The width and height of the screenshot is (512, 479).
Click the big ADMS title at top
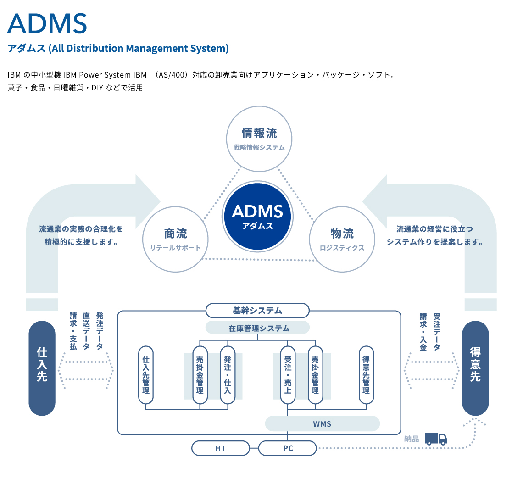click(x=47, y=23)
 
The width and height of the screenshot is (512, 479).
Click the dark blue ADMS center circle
click(x=257, y=216)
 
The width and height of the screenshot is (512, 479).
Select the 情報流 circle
click(x=259, y=139)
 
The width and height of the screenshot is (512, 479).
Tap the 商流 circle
click(x=175, y=239)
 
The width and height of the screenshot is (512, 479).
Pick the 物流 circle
click(x=342, y=239)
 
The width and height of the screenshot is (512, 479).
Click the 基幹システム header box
click(x=257, y=311)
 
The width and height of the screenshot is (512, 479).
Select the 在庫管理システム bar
click(x=257, y=328)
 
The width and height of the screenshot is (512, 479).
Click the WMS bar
click(x=322, y=423)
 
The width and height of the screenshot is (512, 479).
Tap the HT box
click(x=221, y=448)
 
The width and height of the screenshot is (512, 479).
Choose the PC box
click(x=288, y=448)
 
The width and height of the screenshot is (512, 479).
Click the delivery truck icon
click(x=435, y=439)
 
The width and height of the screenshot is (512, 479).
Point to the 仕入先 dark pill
click(x=42, y=368)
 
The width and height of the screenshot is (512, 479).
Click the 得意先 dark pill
click(x=475, y=368)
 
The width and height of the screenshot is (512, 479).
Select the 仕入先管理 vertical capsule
click(x=146, y=375)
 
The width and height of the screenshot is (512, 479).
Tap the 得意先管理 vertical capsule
click(x=366, y=375)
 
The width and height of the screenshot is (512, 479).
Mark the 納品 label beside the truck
click(x=412, y=439)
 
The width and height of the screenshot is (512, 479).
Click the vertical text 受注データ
click(x=436, y=332)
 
